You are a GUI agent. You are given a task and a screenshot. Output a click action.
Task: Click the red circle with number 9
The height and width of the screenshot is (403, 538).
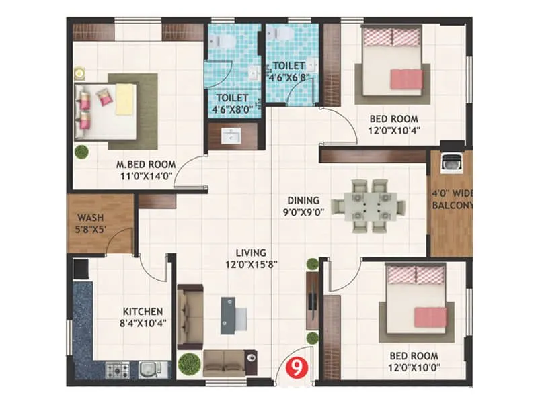295,367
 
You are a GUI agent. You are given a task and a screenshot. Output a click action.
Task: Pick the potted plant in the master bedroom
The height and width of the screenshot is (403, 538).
81,150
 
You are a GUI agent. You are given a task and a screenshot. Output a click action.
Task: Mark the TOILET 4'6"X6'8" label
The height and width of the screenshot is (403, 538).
288,71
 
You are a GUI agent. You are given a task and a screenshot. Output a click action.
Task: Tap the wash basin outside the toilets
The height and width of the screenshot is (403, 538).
232,136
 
